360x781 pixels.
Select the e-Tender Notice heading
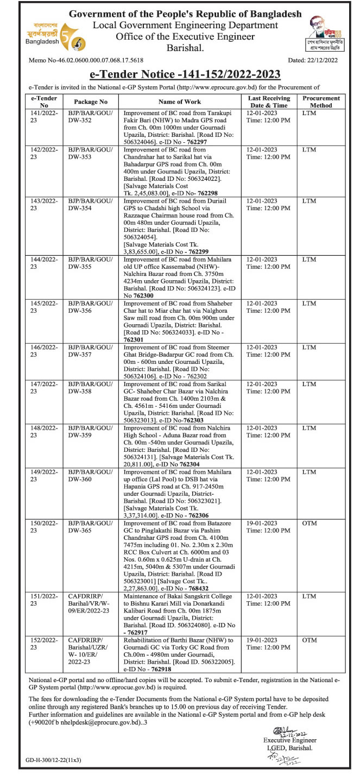(x=180, y=74)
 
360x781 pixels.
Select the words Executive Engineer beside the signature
(x=289, y=740)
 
